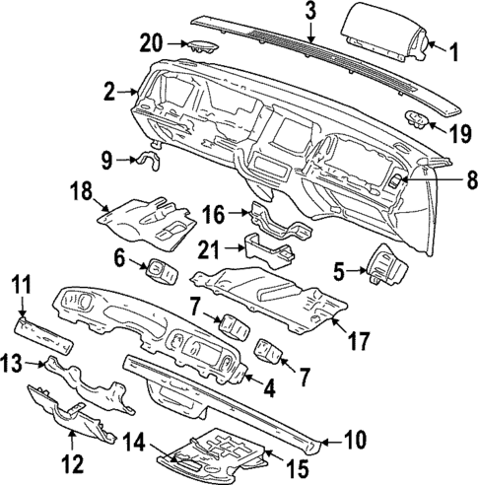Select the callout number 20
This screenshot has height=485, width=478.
pos(150,43)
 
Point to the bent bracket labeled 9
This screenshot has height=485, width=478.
pos(154,155)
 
